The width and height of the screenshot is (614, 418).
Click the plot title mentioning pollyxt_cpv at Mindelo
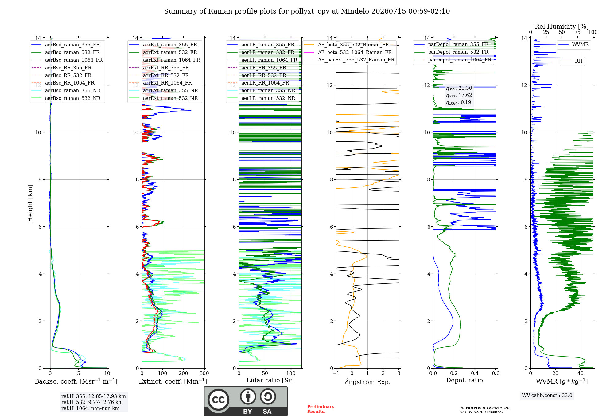(307, 11)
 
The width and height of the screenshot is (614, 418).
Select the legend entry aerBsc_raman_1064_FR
(74, 60)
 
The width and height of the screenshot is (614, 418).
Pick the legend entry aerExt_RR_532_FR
(166, 75)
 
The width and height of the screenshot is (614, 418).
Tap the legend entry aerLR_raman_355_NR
(268, 90)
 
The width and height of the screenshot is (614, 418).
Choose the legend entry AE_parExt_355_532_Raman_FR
(356, 60)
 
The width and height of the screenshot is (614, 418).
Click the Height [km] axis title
(30, 203)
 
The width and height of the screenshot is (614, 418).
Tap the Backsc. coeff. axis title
(76, 381)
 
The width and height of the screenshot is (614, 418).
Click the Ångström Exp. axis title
(367, 382)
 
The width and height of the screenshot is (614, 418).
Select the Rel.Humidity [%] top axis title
(562, 26)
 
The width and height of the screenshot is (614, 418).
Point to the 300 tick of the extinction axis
(204, 373)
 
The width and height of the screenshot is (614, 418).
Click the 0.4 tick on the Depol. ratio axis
(475, 373)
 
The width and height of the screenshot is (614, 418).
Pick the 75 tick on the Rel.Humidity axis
(577, 32)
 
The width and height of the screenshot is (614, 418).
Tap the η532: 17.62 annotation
(459, 95)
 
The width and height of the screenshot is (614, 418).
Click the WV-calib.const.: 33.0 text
(547, 396)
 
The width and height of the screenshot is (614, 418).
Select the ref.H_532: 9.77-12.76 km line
(92, 402)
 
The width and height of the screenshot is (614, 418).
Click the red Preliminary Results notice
(321, 409)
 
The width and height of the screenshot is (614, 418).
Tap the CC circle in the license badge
(218, 400)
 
